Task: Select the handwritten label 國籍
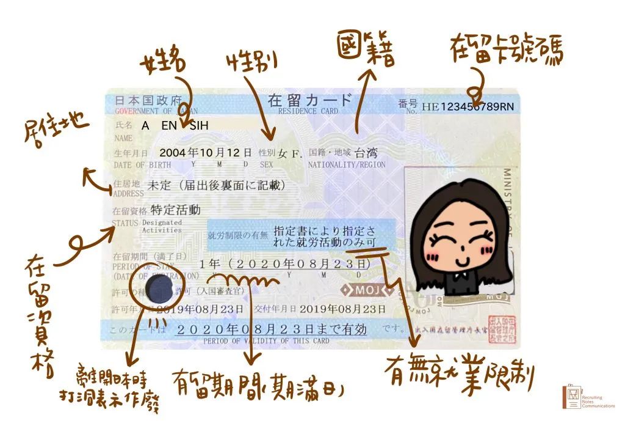tap(366, 50)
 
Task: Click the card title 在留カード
tap(310, 100)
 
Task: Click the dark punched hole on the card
tap(161, 289)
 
